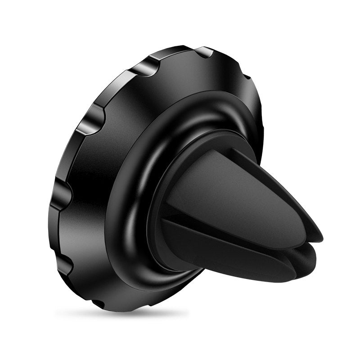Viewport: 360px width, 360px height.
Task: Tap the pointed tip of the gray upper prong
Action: pos(317,234)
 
